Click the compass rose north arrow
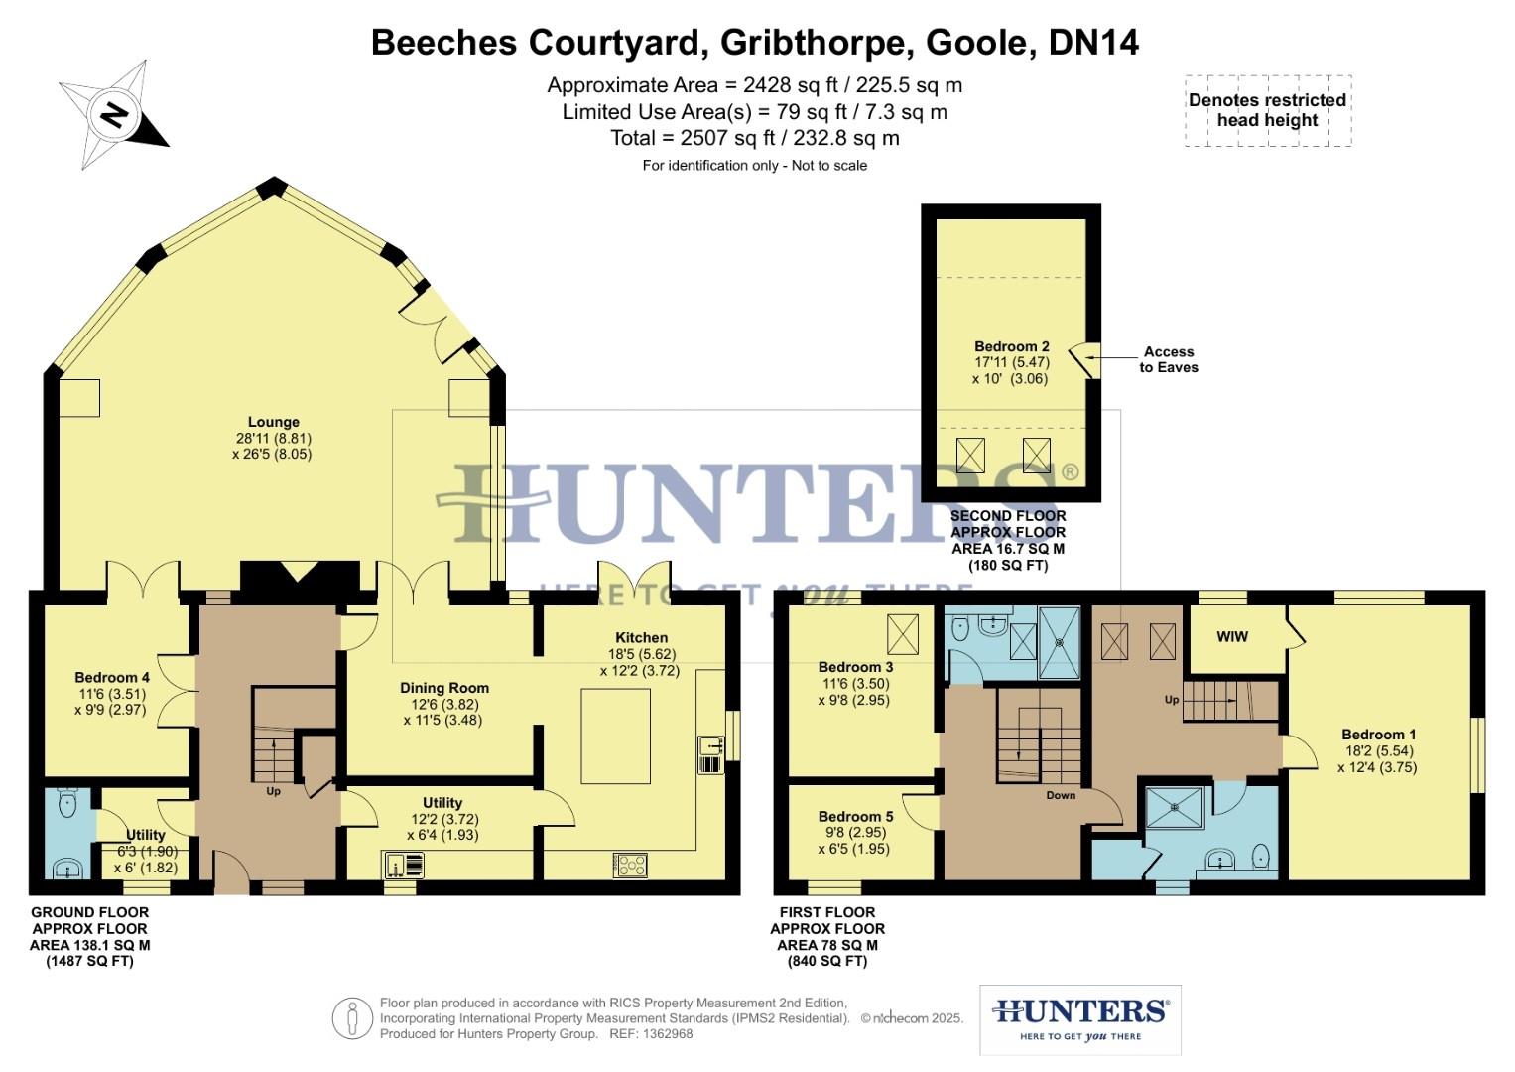(x=113, y=114)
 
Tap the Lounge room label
(x=273, y=423)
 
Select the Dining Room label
(x=443, y=688)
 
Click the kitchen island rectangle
(x=615, y=737)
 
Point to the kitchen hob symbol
(x=630, y=865)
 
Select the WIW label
(x=1231, y=636)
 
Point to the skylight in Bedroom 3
(x=902, y=631)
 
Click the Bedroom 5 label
(x=855, y=817)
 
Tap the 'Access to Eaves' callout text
(x=1168, y=359)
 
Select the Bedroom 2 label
(x=1011, y=347)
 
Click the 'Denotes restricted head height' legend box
(x=1267, y=110)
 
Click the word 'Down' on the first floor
(x=1061, y=795)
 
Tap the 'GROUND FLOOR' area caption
(x=90, y=913)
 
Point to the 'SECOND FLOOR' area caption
(x=1008, y=516)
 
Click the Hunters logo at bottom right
(x=1079, y=1018)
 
